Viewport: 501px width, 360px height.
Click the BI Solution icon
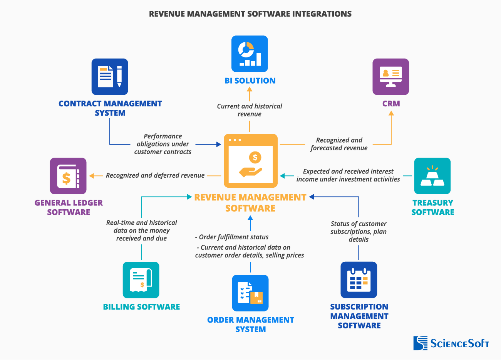coord(250,54)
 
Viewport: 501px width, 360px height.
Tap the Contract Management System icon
coord(110,77)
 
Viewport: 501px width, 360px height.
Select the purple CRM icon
coord(390,77)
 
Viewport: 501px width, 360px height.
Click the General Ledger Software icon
coord(68,176)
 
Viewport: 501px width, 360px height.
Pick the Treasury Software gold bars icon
coord(432,176)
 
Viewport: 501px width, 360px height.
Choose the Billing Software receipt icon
coord(141,280)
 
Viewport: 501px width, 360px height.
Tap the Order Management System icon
coord(250,293)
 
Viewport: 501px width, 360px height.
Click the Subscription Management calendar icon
coord(359,280)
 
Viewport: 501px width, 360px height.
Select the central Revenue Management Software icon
coord(251,161)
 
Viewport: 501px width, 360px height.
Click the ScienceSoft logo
coord(451,343)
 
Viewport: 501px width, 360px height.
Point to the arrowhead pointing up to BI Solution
coord(250,89)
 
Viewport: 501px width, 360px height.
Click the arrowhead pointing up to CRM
coord(391,113)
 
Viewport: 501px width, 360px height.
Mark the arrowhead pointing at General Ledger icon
coord(92,176)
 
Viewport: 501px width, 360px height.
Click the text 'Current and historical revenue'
coord(250,110)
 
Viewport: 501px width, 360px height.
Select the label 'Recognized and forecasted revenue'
coord(339,144)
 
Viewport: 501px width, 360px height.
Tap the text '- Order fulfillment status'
coord(232,237)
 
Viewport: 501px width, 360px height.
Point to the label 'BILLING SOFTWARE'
coord(141,307)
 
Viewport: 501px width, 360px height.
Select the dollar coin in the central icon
coord(255,157)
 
